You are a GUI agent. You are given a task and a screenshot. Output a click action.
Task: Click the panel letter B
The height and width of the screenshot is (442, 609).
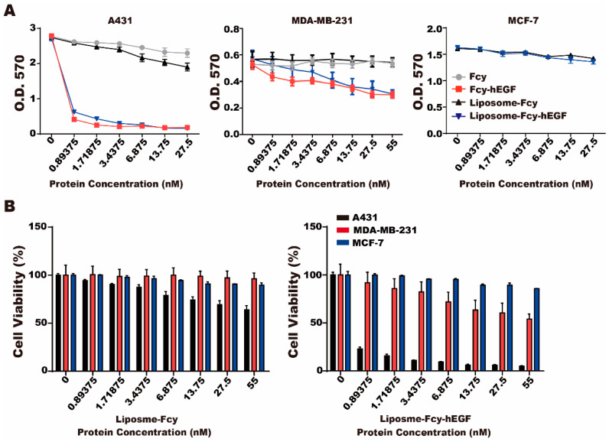9,206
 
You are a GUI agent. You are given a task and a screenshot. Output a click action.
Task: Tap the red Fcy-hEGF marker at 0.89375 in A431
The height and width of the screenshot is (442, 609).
74,119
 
